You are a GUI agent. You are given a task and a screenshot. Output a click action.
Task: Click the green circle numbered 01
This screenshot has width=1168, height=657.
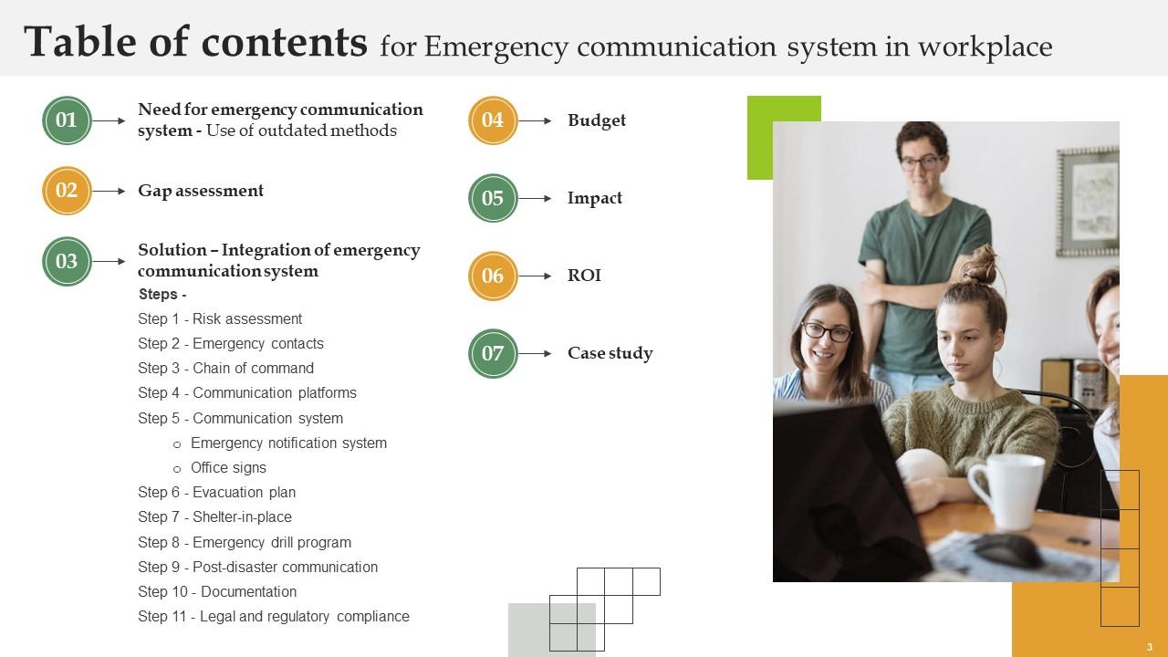point(67,120)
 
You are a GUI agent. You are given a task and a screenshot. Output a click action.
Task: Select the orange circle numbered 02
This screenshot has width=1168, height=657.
point(67,191)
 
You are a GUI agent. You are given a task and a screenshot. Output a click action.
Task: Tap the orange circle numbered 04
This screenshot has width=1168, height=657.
point(493,120)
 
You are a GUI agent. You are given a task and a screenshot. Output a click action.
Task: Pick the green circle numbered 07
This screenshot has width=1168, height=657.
point(493,353)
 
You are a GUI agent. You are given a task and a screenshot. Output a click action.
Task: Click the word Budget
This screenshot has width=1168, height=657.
point(597,120)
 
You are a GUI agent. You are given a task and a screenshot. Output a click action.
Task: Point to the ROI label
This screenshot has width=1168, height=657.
point(584,276)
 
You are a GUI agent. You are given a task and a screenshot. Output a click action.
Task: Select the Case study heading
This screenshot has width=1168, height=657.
point(610,353)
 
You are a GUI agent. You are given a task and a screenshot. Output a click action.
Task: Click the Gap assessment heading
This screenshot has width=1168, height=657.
point(201,191)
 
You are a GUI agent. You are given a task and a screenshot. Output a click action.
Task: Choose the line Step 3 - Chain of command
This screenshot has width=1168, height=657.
point(225,369)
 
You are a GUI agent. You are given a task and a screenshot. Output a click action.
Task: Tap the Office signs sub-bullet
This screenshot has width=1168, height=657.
point(228,468)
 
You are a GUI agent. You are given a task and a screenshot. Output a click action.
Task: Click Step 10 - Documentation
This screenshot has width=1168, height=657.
point(217,592)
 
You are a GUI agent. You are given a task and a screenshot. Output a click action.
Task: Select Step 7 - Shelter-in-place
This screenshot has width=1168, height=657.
point(214,517)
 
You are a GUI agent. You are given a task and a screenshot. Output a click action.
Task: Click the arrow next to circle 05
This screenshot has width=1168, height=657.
point(535,198)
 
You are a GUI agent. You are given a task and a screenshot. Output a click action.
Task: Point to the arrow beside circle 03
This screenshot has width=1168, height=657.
point(109,262)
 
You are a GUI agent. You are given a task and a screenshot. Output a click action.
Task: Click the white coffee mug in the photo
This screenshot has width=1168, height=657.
point(1006,491)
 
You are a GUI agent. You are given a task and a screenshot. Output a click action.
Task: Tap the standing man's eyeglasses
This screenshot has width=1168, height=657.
point(920,163)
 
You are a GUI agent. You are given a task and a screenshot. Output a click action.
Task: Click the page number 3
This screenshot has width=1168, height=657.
point(1150,646)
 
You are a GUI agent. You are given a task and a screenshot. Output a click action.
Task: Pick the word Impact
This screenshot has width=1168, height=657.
point(595,198)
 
